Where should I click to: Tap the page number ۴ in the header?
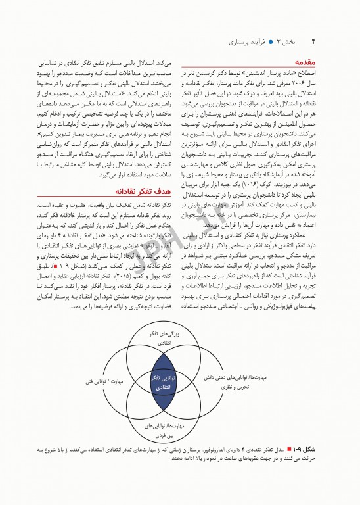pyautogui.click(x=313, y=41)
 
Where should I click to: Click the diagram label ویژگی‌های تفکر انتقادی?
pyautogui.click(x=162, y=339)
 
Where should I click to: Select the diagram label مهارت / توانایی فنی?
pyautogui.click(x=100, y=380)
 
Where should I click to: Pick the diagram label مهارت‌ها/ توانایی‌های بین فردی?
pyautogui.click(x=161, y=431)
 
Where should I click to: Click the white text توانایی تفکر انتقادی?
pyautogui.click(x=161, y=383)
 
